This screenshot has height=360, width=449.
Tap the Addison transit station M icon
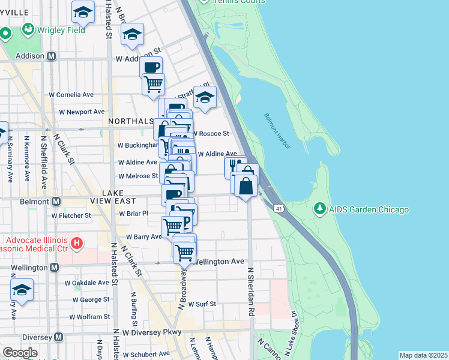pyautogui.click(x=52, y=56)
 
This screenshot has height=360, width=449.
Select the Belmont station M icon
pyautogui.click(x=56, y=201)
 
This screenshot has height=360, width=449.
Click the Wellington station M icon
pyautogui.click(x=55, y=267)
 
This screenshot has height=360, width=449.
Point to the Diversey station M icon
pyautogui.click(x=58, y=337)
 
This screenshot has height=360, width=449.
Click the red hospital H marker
pyautogui.click(x=76, y=243)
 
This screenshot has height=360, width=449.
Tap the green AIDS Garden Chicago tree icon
pyautogui.click(x=321, y=209)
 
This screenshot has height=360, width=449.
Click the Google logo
pyautogui.click(x=20, y=353)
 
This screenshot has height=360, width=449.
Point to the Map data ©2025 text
pyautogui.click(x=423, y=355)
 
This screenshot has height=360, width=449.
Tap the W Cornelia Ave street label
pyautogui.click(x=71, y=95)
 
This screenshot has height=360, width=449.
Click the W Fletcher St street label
pyautogui.click(x=71, y=215)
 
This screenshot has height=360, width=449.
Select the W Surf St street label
pyautogui.click(x=202, y=304)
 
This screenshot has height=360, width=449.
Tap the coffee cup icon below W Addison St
pyautogui.click(x=151, y=67)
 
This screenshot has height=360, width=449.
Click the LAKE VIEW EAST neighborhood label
pyautogui.click(x=121, y=196)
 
